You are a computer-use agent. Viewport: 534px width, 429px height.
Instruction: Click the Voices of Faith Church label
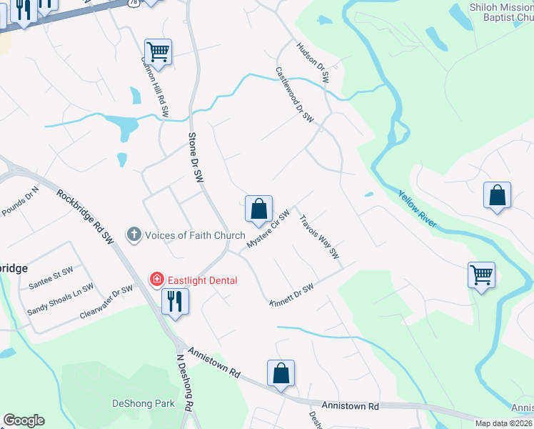tap(195, 235)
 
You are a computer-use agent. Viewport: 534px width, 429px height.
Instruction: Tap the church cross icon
tap(133, 235)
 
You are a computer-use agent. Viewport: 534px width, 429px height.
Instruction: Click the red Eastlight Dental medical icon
tap(154, 280)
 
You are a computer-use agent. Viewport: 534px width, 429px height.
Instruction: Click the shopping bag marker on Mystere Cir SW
tap(258, 209)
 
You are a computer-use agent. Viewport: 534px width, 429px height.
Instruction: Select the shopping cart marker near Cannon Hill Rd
tap(158, 51)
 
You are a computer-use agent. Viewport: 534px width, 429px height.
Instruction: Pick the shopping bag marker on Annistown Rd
tap(281, 373)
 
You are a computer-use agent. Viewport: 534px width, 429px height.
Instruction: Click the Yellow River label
tap(418, 209)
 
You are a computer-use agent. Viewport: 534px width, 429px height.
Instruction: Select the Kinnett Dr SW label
tap(292, 295)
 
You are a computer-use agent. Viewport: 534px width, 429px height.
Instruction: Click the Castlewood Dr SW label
tap(295, 94)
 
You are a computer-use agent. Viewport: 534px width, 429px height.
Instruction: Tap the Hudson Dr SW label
tap(312, 63)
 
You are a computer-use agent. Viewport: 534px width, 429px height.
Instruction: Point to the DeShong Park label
tap(143, 403)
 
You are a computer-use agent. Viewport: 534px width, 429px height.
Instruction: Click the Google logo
tap(24, 420)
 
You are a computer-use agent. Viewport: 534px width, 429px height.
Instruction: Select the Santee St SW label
tap(51, 278)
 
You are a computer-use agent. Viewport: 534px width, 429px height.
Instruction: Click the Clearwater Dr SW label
tap(106, 301)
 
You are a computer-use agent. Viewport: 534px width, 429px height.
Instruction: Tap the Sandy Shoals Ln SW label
tap(61, 300)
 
